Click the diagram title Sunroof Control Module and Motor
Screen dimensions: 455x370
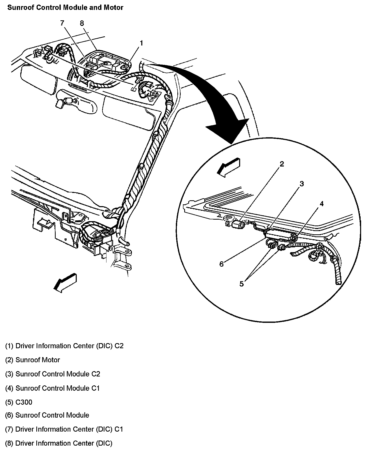point(65,8)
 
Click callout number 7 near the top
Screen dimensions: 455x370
point(62,23)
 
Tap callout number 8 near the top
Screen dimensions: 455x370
point(82,23)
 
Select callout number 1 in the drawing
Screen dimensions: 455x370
point(141,43)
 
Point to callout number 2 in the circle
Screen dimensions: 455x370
point(282,164)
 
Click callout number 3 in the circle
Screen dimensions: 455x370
point(302,184)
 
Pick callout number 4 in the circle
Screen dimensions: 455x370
point(321,204)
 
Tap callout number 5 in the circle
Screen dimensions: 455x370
point(241,284)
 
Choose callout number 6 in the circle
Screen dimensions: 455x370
point(222,264)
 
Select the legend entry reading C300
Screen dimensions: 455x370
point(19,402)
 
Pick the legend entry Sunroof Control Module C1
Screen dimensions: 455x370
point(53,388)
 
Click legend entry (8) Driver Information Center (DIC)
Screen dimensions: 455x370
point(59,443)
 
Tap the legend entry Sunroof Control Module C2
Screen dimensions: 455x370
point(53,374)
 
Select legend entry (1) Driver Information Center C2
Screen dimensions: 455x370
point(64,346)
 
